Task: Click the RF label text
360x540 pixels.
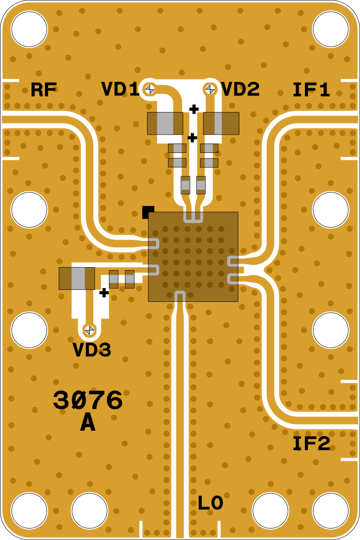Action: click(44, 89)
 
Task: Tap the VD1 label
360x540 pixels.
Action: click(120, 89)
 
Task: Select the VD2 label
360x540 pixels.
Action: click(240, 89)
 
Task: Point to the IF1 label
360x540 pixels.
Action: click(311, 89)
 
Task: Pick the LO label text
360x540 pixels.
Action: click(210, 503)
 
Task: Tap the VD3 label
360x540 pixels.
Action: click(92, 349)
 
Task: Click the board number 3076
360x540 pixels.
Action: click(88, 400)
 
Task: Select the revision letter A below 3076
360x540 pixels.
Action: click(88, 423)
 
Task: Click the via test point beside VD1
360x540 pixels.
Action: click(150, 89)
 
